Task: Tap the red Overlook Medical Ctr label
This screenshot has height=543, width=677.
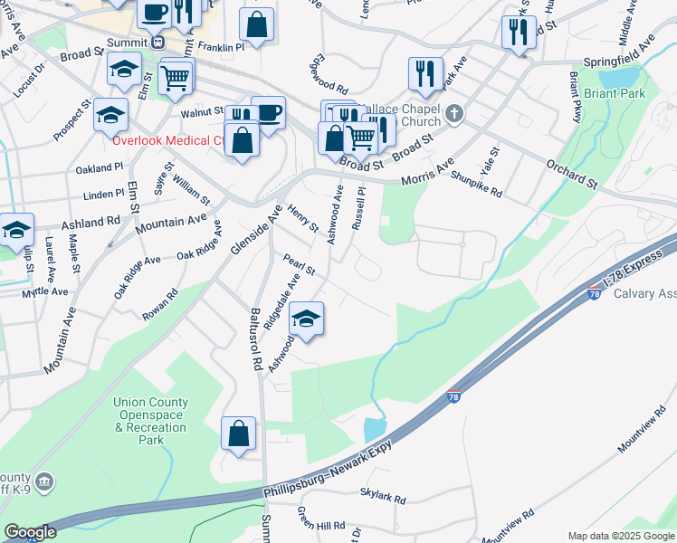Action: click(168, 140)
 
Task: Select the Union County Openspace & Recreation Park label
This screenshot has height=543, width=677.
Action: click(150, 421)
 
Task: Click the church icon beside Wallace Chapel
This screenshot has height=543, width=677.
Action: click(455, 114)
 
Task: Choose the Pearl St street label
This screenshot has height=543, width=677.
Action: click(298, 264)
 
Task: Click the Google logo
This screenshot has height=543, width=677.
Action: click(30, 532)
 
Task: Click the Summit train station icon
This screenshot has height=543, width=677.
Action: click(157, 42)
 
